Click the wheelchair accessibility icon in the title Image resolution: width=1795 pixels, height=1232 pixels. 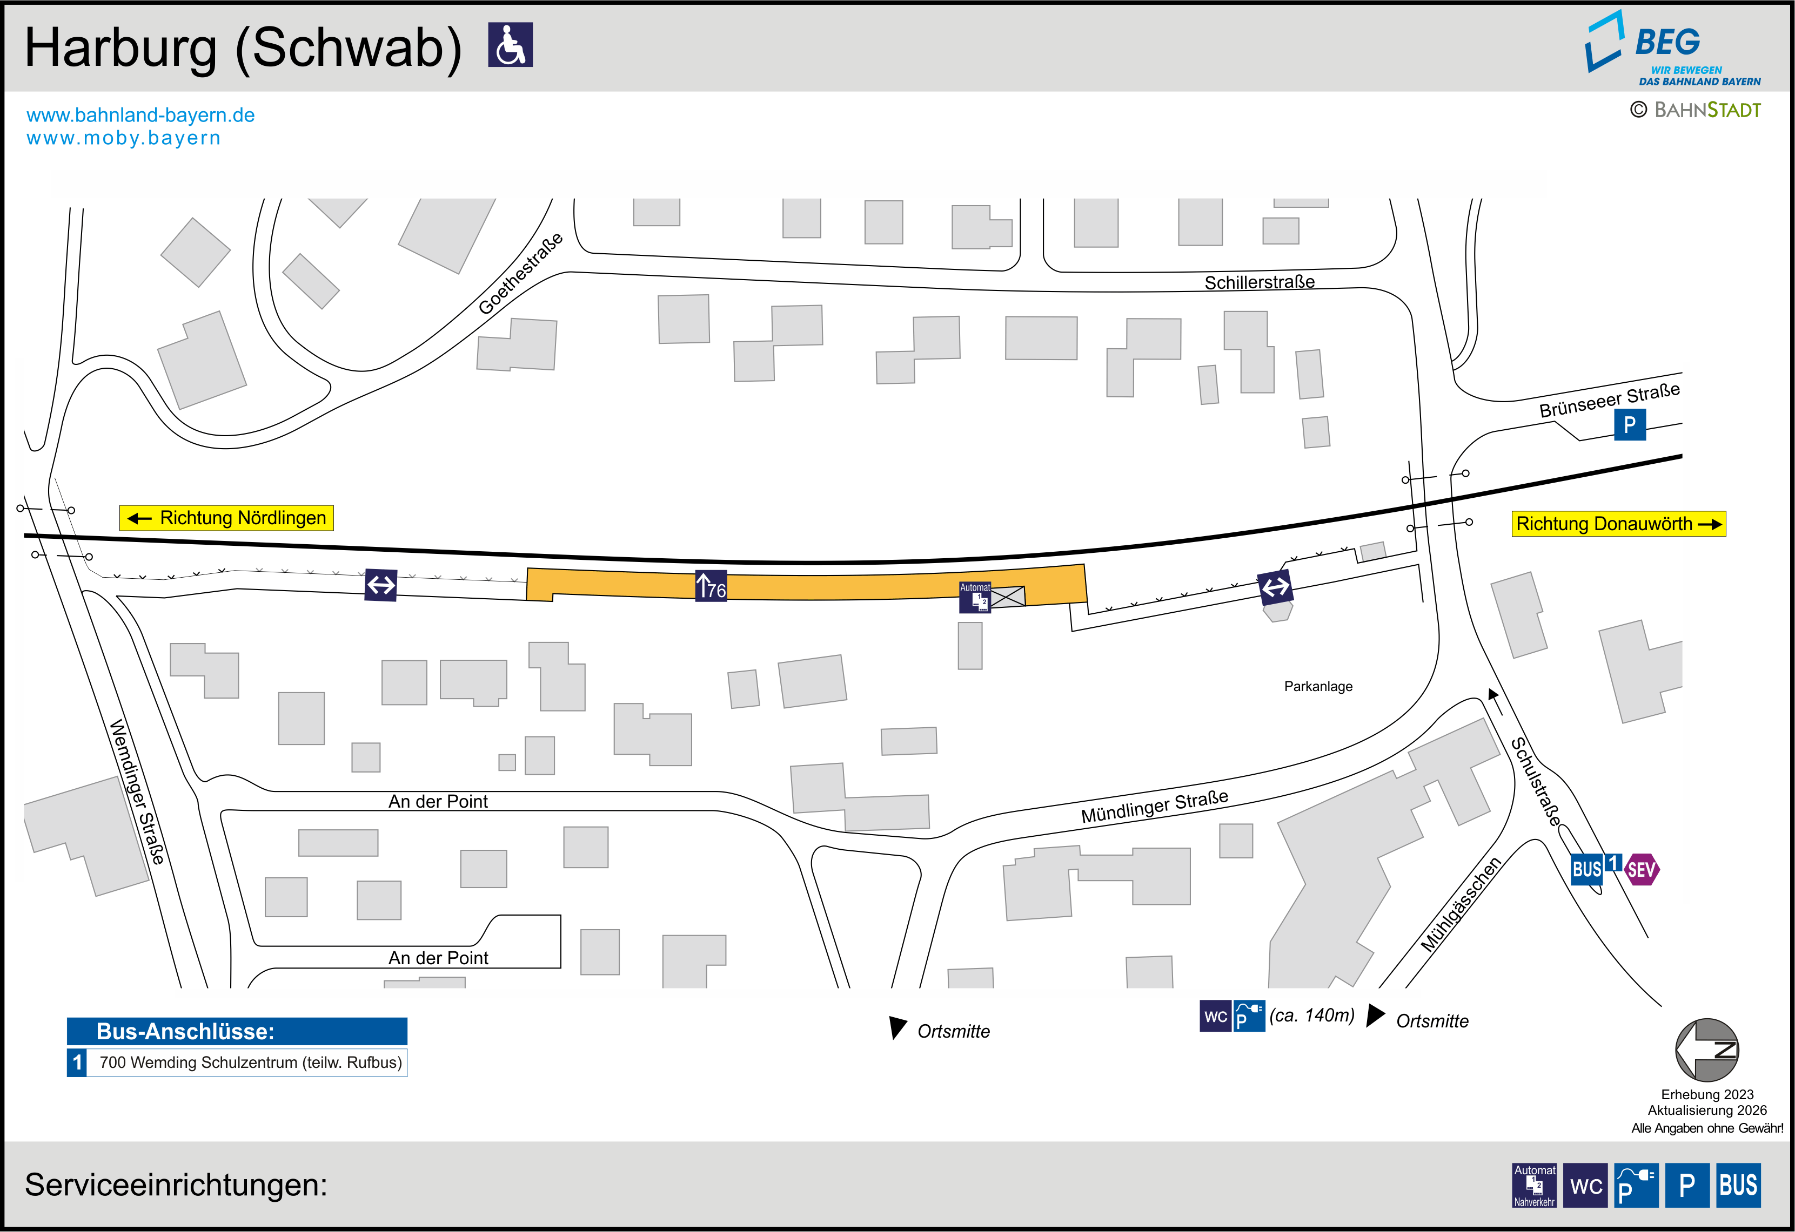coord(511,45)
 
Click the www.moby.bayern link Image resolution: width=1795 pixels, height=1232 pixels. coord(124,138)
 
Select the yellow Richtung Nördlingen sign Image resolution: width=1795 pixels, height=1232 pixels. coord(226,518)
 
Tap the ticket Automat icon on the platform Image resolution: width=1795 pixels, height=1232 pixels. coord(975,598)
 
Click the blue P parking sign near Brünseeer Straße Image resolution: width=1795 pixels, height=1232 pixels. coord(1630,424)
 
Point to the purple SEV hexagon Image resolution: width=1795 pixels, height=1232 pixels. coord(1642,870)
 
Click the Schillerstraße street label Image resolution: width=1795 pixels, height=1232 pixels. coord(1259,282)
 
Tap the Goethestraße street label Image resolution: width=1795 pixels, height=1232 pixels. coord(520,273)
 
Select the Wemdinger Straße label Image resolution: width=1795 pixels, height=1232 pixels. coord(137,792)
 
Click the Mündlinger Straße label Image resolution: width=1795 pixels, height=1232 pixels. coord(1155,806)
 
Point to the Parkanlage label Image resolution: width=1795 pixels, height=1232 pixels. coord(1318,686)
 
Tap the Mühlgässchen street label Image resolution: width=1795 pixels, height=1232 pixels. coord(1461,904)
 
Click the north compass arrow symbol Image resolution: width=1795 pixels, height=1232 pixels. coord(1707,1050)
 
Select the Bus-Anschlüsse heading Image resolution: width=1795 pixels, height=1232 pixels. coord(185,1031)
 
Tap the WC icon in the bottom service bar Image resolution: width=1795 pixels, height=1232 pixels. coord(1586,1185)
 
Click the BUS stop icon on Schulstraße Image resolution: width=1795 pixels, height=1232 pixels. coord(1587,870)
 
